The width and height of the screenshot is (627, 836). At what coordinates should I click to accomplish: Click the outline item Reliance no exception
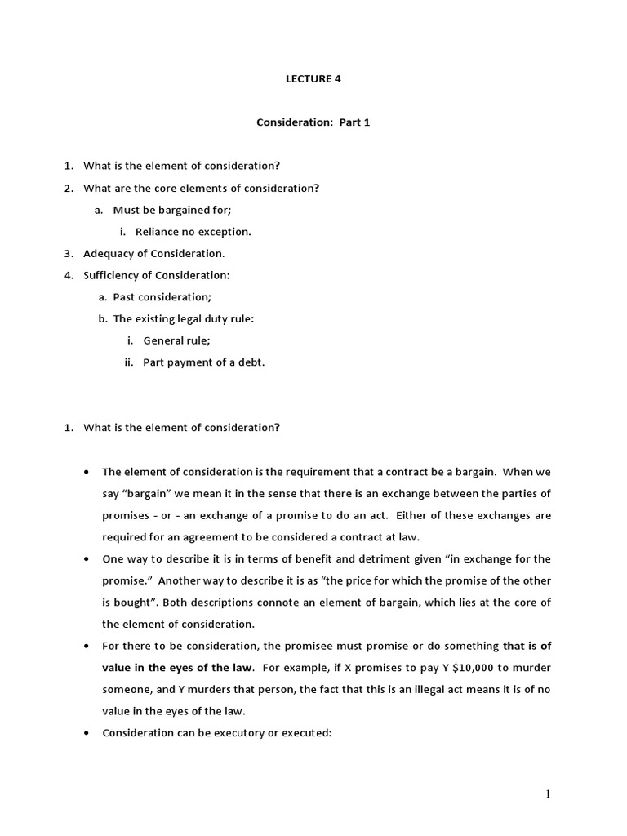click(193, 232)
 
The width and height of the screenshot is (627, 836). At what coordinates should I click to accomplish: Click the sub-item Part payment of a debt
click(203, 362)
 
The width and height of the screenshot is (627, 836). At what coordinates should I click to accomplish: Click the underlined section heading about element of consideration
click(181, 429)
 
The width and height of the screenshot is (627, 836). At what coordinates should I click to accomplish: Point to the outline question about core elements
click(201, 188)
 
